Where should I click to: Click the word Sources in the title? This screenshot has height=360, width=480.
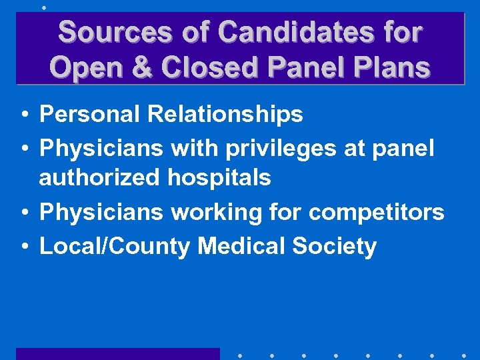(99, 32)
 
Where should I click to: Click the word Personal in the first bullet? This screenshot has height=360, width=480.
(90, 115)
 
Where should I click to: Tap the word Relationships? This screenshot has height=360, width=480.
(225, 115)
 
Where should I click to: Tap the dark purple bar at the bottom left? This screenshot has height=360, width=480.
(117, 353)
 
